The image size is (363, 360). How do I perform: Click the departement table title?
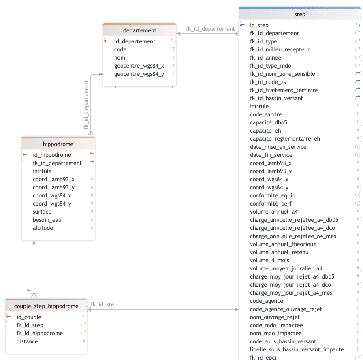[x=139, y=30]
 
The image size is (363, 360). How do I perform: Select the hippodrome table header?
[x=58, y=144]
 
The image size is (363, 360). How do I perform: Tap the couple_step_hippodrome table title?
[x=46, y=306]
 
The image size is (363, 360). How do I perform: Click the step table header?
[x=300, y=14]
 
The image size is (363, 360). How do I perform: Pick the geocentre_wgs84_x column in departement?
[x=139, y=66]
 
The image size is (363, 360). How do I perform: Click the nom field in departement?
[x=120, y=58]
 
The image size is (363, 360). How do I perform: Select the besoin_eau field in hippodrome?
[x=47, y=220]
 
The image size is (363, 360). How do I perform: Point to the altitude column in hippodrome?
[x=43, y=228]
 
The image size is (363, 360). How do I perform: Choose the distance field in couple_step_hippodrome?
[x=27, y=341]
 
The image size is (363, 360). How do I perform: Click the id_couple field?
[x=29, y=317]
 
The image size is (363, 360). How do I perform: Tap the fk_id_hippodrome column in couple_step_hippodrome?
[x=40, y=333]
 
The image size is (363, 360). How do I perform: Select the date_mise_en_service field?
[x=278, y=147]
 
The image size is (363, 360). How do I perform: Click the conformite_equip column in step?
[x=272, y=195]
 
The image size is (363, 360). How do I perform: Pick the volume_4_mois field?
[x=269, y=260]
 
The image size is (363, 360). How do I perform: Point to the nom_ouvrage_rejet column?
[x=275, y=317]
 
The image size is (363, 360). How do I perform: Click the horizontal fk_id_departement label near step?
[x=210, y=29]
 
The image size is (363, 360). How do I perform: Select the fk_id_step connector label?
[x=104, y=304]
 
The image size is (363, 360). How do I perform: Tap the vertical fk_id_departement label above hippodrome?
[x=86, y=105]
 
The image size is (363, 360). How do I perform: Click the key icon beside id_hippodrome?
[x=25, y=155]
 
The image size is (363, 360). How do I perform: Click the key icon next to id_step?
[x=242, y=25]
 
